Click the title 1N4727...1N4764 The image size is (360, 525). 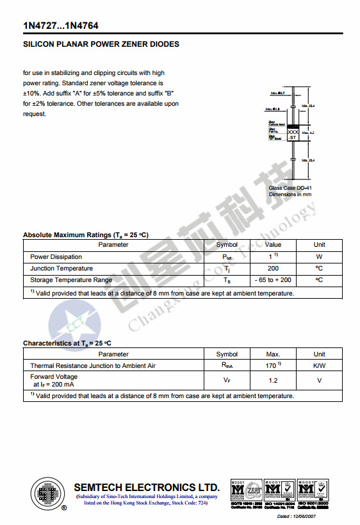coord(61,26)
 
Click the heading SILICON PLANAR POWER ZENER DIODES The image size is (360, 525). coord(101,44)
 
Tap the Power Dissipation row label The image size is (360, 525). coord(56,257)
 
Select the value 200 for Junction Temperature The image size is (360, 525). coord(273,269)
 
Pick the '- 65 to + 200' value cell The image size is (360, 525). coord(273,280)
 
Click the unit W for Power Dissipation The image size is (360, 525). coord(319,257)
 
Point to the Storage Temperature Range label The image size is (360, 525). coord(71,280)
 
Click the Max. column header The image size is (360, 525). coord(273,354)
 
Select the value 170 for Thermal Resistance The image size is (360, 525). coord(272,366)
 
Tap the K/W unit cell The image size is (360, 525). coord(319,366)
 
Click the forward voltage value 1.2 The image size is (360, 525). coord(273,380)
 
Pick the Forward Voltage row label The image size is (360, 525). coord(54,377)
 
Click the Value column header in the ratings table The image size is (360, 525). coord(273,244)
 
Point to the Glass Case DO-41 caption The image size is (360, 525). coord(290,188)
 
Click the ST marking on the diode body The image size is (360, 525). coord(293,138)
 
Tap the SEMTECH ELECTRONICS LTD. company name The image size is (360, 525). coord(147,487)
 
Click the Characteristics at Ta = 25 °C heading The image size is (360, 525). coord(67,343)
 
